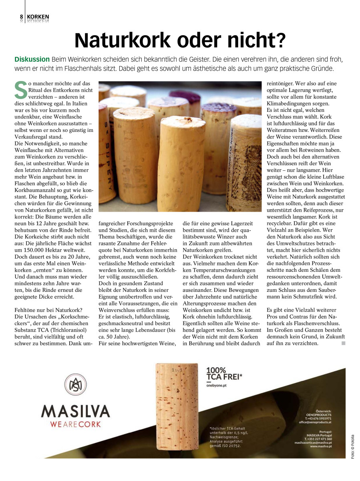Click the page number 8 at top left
click(x=22, y=17)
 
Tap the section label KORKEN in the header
click(x=38, y=17)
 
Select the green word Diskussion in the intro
click(x=32, y=59)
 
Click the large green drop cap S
click(x=20, y=90)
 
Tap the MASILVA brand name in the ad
click(x=76, y=411)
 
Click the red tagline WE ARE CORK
click(x=76, y=424)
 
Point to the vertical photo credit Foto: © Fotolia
click(x=352, y=447)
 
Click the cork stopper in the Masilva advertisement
click(x=177, y=409)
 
